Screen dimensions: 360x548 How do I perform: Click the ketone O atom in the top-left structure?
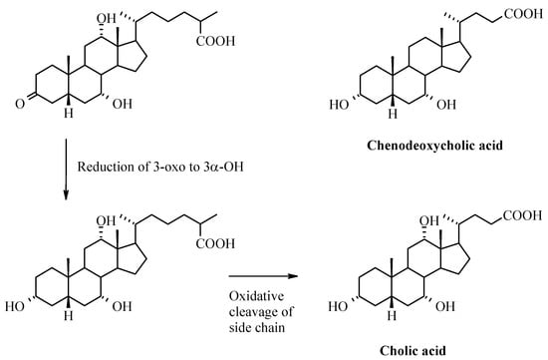pyautogui.click(x=15, y=90)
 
